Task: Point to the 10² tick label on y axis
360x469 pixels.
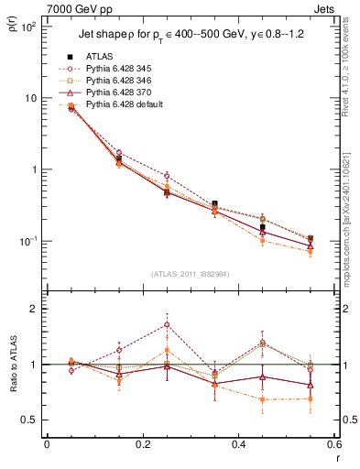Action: pos(27,27)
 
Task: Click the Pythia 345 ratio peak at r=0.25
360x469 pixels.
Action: pos(166,324)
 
